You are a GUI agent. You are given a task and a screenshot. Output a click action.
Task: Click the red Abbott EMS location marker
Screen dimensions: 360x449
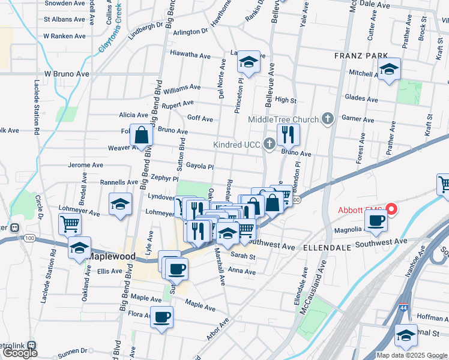click(x=392, y=209)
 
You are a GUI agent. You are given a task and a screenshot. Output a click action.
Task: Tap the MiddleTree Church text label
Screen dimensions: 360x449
click(x=283, y=119)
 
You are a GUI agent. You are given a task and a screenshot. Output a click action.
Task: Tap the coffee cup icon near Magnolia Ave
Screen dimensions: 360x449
click(x=376, y=220)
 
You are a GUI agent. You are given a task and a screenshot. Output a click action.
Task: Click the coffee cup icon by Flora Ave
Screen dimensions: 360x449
click(x=161, y=316)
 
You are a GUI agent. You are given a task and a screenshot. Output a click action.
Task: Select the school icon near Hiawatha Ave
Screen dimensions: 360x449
click(x=248, y=61)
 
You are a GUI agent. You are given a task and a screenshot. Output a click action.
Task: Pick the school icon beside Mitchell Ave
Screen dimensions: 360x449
click(x=390, y=70)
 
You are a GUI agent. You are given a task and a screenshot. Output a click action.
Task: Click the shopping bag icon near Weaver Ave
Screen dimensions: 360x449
click(x=140, y=136)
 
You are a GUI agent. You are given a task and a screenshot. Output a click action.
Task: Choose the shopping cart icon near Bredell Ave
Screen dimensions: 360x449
click(x=70, y=224)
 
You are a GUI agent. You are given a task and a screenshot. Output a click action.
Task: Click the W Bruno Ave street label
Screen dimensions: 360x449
click(x=66, y=74)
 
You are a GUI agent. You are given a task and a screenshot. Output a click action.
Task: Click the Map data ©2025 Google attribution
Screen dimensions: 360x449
click(x=412, y=355)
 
